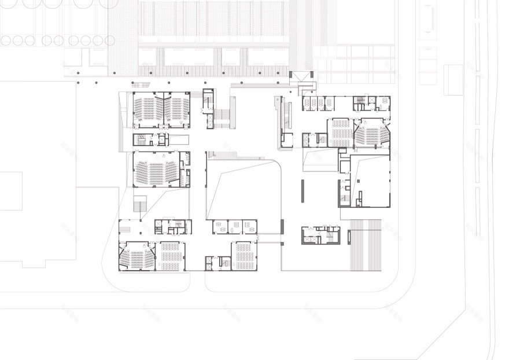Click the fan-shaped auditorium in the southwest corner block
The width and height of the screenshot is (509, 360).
tap(137, 256)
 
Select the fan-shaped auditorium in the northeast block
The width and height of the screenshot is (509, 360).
tap(370, 133)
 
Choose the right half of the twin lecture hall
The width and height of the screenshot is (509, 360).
tap(178, 109)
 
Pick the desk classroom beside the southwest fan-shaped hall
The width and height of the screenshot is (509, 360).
tap(171, 256)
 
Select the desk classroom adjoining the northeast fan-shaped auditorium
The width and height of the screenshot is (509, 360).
tap(341, 133)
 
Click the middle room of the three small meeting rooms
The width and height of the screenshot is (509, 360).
tap(235, 226)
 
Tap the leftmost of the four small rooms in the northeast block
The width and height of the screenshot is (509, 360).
tap(307, 103)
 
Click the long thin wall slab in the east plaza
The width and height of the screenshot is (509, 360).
tap(302, 191)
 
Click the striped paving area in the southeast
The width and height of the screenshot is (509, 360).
tap(366, 244)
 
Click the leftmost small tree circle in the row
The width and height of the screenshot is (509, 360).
tap(6, 41)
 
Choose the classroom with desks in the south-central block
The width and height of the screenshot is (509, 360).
tap(244, 256)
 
